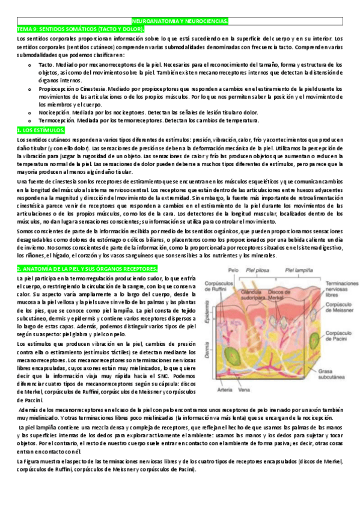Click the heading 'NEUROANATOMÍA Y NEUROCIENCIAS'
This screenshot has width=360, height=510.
pyautogui.click(x=180, y=21)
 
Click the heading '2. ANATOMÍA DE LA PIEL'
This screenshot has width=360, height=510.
pyautogui.click(x=87, y=268)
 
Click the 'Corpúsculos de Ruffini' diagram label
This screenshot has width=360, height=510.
pyautogui.click(x=218, y=284)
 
